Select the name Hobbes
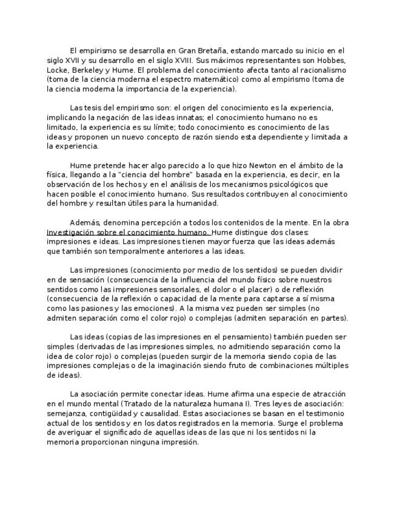(x=330, y=61)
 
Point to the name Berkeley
(x=91, y=70)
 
